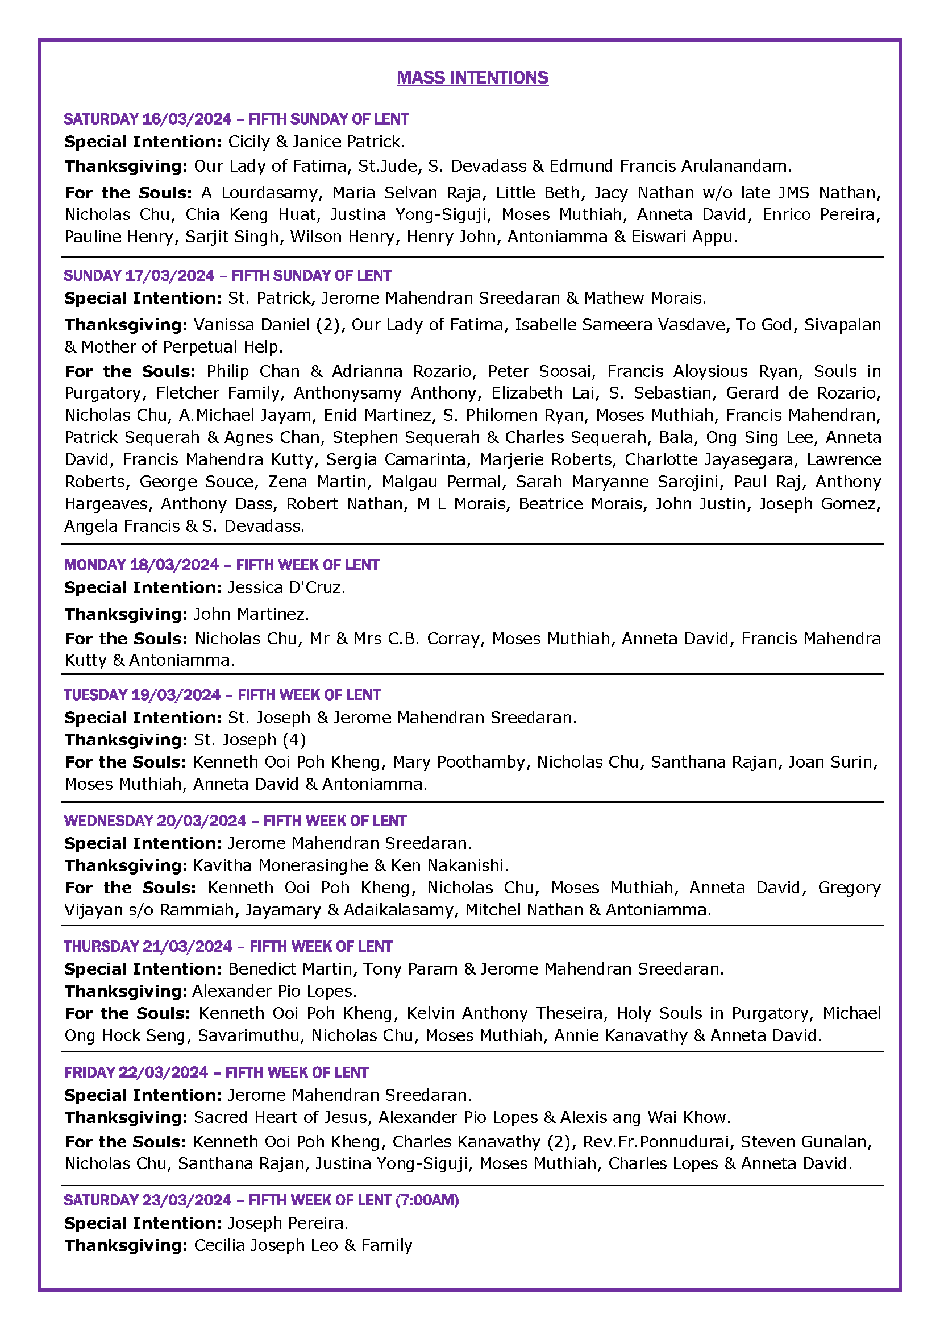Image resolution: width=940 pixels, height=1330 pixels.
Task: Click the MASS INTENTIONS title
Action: tap(472, 78)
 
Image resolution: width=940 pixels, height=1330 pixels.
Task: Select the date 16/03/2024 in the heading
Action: tap(186, 119)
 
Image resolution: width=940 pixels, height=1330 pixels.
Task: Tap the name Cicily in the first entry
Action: tap(248, 142)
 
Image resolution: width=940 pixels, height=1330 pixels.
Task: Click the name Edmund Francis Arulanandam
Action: tap(669, 166)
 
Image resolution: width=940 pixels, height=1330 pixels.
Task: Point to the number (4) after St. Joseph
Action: tap(294, 740)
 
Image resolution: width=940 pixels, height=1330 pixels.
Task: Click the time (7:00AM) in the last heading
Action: tap(427, 1200)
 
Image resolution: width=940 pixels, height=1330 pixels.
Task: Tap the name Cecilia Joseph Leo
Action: tap(265, 1245)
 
